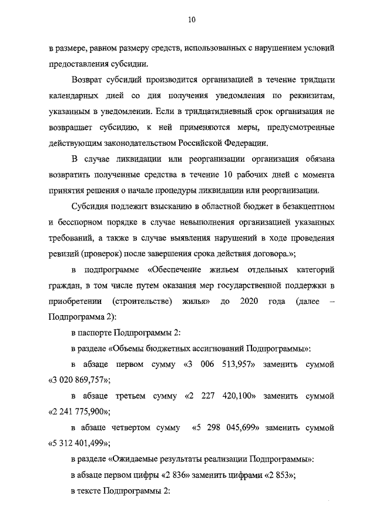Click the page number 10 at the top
(x=192, y=19)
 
